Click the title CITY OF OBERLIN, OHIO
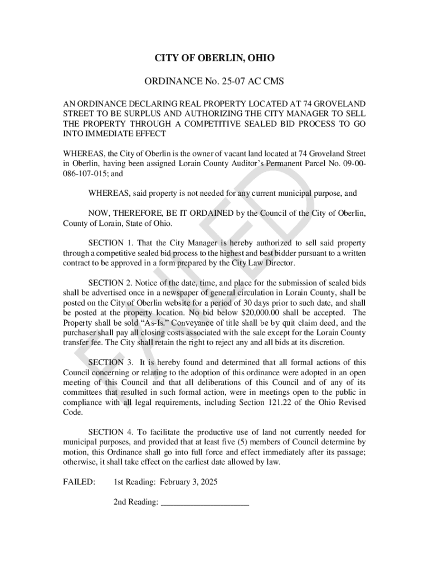point(214,58)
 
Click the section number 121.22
point(289,403)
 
